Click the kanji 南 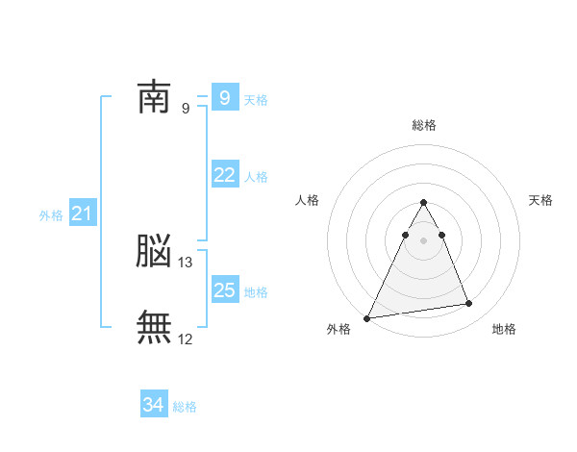pos(154,98)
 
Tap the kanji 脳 pos(154,252)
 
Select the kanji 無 pos(154,328)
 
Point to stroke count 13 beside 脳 pos(187,262)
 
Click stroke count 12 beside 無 pos(187,339)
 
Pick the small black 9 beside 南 pos(186,109)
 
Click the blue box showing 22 pos(225,175)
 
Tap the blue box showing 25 pos(225,290)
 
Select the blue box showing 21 pos(82,214)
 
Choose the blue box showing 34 pos(154,405)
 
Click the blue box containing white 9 pos(225,98)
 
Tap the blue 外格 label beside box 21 pos(51,215)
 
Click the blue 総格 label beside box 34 pos(185,407)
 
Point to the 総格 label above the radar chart pos(424,125)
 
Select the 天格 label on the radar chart pos(540,200)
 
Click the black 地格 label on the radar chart pos(504,330)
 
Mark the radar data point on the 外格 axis pos(367,317)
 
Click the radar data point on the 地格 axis pos(468,304)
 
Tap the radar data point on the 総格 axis pos(424,203)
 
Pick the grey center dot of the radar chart pos(424,239)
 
